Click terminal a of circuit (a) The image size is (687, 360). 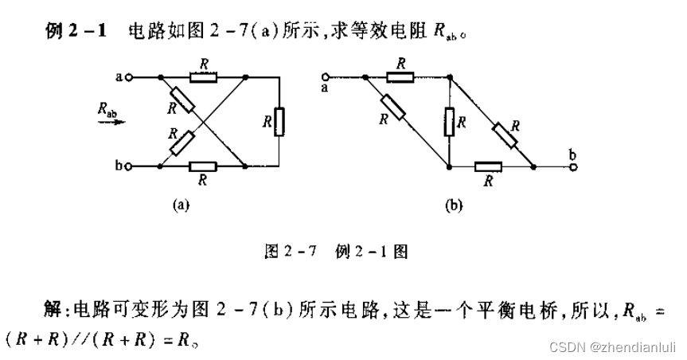(128, 77)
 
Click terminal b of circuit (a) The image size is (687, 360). (128, 166)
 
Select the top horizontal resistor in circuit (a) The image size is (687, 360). (203, 77)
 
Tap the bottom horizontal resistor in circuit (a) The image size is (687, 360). (203, 166)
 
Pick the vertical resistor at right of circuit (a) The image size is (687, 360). (279, 123)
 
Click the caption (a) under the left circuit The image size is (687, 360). (182, 205)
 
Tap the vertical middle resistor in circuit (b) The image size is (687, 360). (450, 122)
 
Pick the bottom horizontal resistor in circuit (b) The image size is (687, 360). (488, 166)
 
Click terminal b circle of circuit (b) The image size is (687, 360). (572, 166)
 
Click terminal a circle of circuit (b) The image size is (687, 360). (325, 77)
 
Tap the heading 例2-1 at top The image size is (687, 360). (75, 32)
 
